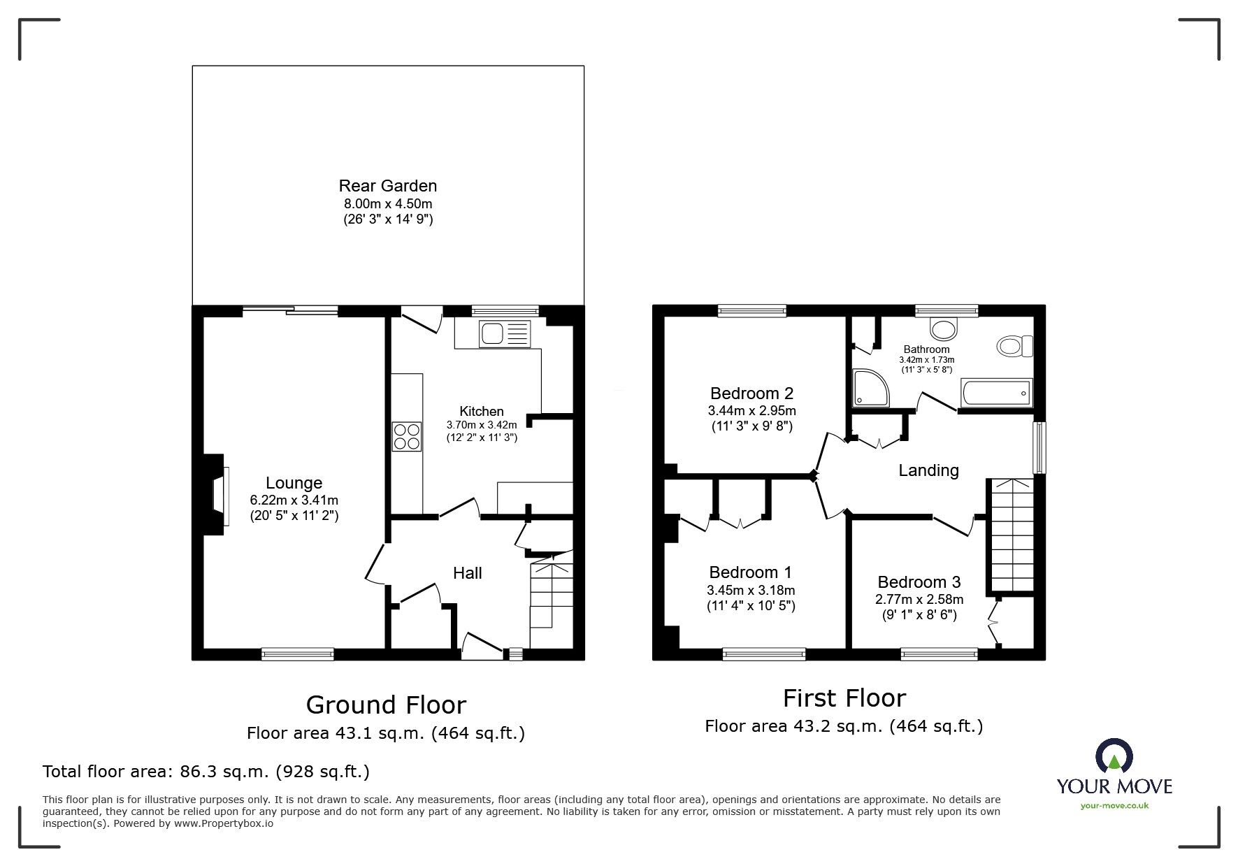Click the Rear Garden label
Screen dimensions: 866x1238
click(x=387, y=186)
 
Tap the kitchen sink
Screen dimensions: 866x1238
click(x=504, y=334)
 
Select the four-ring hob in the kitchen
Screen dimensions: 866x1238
click(x=407, y=436)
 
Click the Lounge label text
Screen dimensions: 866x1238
click(x=294, y=483)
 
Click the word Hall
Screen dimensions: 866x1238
click(x=467, y=573)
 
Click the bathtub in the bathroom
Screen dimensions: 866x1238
click(x=996, y=393)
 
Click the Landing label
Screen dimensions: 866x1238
click(x=928, y=470)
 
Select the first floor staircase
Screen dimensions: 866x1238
click(x=1009, y=535)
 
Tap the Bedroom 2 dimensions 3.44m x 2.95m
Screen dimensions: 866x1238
click(x=751, y=411)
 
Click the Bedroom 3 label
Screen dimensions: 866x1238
click(x=919, y=582)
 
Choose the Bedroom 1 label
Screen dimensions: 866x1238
click(x=750, y=573)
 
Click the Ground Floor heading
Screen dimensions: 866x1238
click(x=386, y=705)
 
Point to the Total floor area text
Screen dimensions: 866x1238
click(x=206, y=772)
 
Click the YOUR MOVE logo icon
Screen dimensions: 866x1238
click(x=1114, y=756)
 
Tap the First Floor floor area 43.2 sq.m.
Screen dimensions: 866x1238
click(x=844, y=726)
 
